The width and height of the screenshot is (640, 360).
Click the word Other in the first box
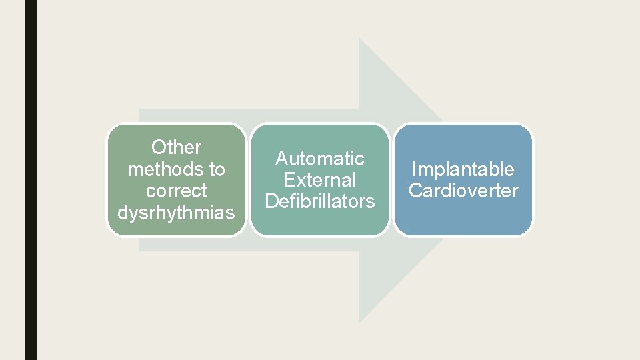pyautogui.click(x=177, y=147)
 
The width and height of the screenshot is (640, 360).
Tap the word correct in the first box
pyautogui.click(x=177, y=191)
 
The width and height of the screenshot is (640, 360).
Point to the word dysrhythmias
pyautogui.click(x=177, y=213)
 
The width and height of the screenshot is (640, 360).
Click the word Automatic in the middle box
pyautogui.click(x=320, y=159)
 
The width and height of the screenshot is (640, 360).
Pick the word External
pyautogui.click(x=320, y=180)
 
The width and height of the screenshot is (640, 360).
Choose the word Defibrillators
pyautogui.click(x=320, y=201)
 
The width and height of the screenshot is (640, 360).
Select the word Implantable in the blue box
pyautogui.click(x=463, y=169)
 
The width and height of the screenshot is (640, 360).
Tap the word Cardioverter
pyautogui.click(x=463, y=191)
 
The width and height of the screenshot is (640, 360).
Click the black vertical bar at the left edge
pyautogui.click(x=31, y=180)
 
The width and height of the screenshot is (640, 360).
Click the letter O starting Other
pyautogui.click(x=158, y=147)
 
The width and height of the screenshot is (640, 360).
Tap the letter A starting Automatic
pyautogui.click(x=281, y=159)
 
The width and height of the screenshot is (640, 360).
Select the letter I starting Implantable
pyautogui.click(x=415, y=169)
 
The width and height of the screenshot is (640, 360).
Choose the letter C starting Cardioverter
pyautogui.click(x=415, y=191)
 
